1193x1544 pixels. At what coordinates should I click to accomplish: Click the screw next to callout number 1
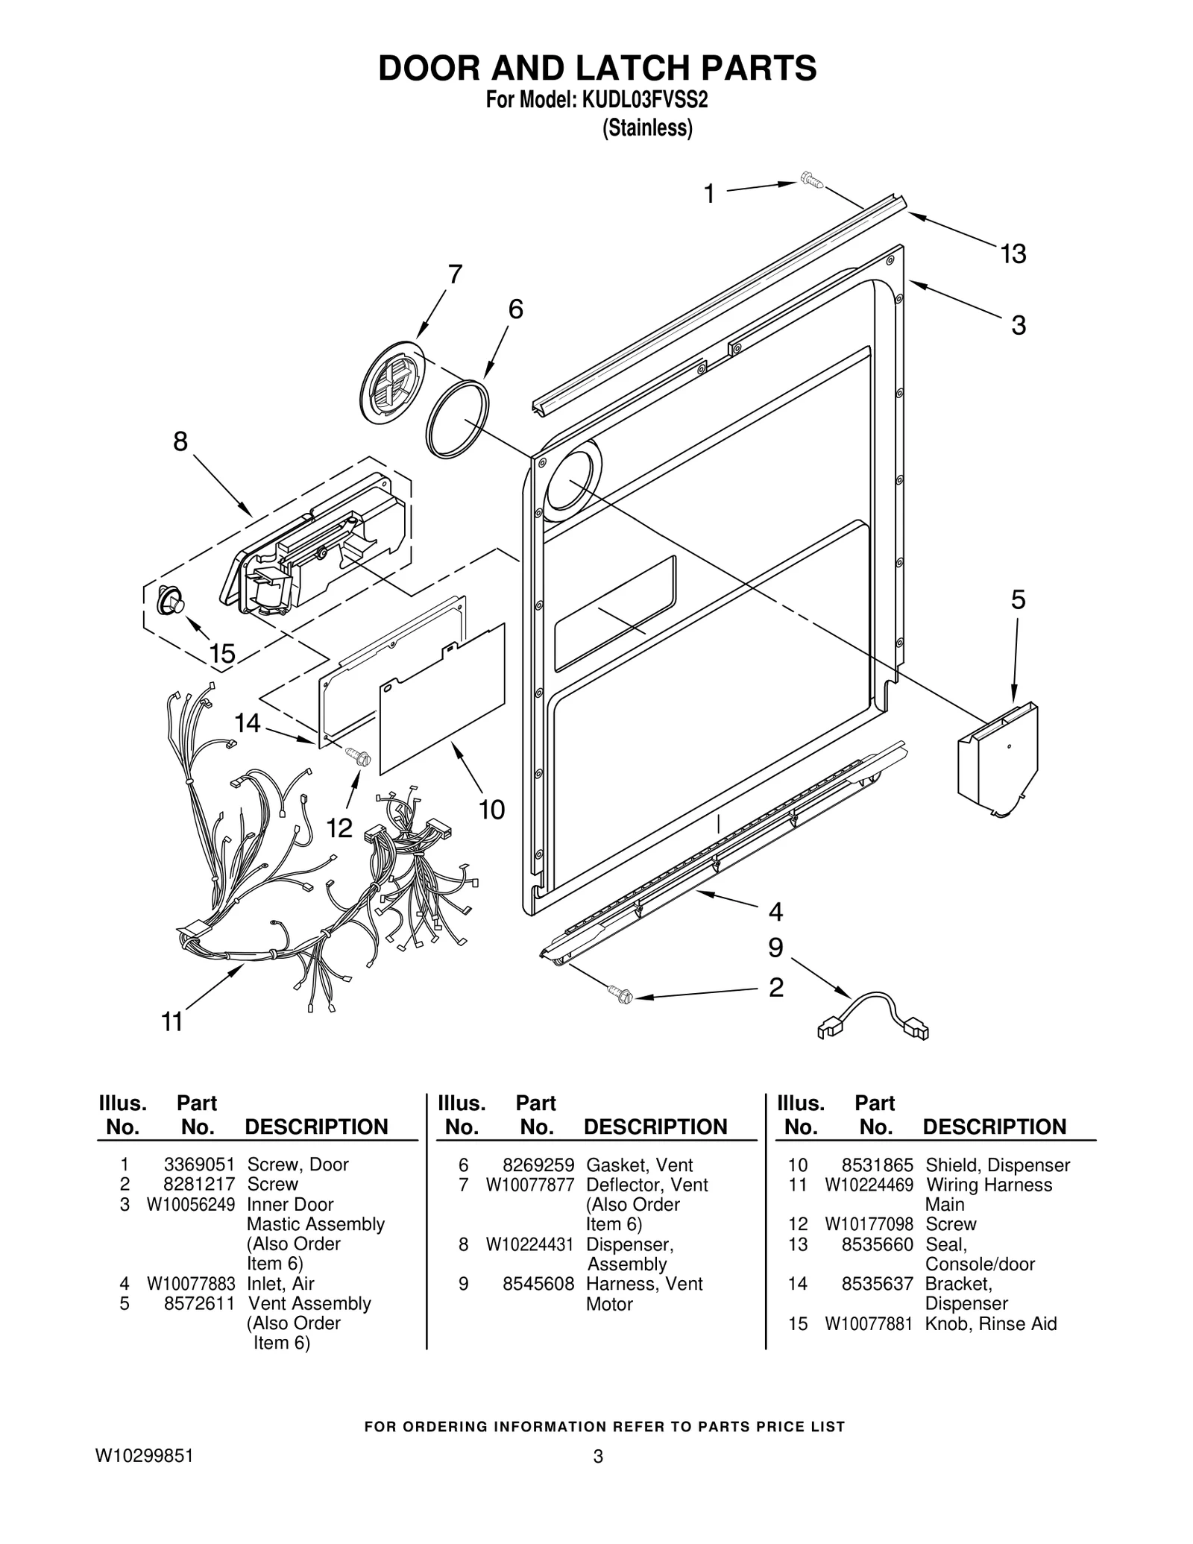[x=809, y=180]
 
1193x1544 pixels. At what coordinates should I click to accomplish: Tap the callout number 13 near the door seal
[x=1013, y=254]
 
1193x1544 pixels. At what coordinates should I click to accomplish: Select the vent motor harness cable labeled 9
[x=873, y=1014]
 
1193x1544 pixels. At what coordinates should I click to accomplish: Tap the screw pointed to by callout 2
[x=620, y=994]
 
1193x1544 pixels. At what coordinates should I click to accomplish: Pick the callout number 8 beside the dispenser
[x=180, y=441]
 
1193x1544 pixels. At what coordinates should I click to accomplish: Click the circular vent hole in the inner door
[x=571, y=481]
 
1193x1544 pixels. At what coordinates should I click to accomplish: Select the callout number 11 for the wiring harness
[x=172, y=1021]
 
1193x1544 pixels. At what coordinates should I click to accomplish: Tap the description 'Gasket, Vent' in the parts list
[x=639, y=1165]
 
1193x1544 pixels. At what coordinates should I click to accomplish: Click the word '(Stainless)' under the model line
[x=647, y=128]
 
